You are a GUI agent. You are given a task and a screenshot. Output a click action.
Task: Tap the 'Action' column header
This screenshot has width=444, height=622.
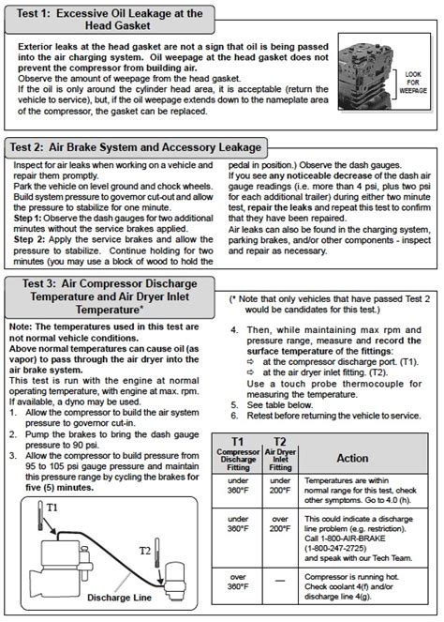tap(352, 458)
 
